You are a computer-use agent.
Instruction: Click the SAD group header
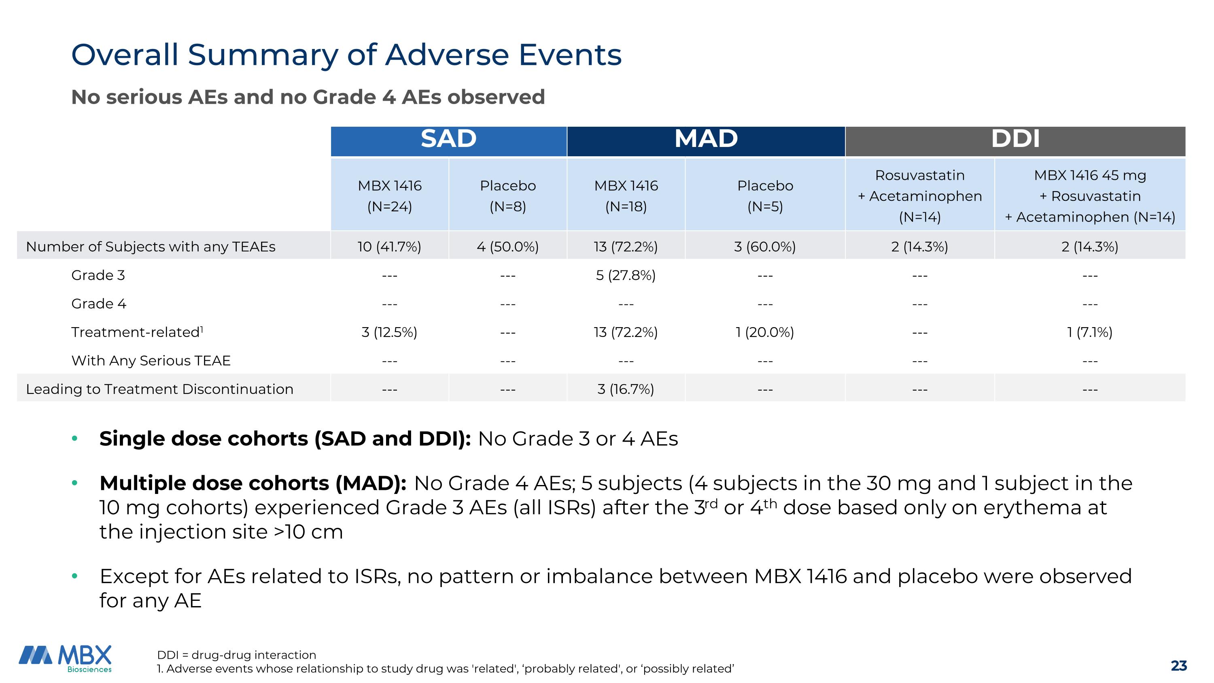(448, 139)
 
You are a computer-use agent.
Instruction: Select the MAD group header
(705, 139)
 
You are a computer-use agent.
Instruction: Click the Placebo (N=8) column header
(507, 196)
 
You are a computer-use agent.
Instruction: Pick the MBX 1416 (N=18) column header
(626, 196)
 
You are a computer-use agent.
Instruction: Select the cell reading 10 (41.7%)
(389, 247)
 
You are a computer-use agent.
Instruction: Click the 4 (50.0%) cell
(507, 247)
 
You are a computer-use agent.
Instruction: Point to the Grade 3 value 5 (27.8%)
(625, 275)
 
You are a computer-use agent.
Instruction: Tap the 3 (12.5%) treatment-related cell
(389, 332)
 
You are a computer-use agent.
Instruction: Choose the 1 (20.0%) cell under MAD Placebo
(764, 332)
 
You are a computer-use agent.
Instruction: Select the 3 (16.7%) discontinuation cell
(625, 389)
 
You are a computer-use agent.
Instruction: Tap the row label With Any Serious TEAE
(151, 361)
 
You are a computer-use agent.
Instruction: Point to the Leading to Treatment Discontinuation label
(159, 389)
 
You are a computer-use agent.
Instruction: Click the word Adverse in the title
(446, 55)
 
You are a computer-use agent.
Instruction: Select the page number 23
(1179, 666)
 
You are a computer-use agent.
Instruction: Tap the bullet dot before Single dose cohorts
(74, 439)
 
